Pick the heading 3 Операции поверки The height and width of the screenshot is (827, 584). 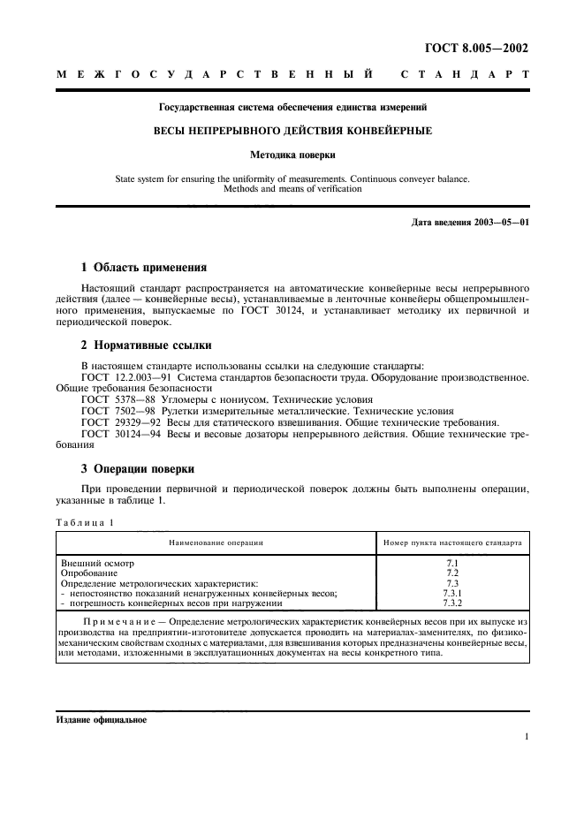(x=138, y=468)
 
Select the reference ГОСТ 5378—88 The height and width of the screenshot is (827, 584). (x=111, y=399)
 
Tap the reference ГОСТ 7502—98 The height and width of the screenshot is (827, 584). (x=111, y=411)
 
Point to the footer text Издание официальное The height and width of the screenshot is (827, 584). (x=102, y=718)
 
